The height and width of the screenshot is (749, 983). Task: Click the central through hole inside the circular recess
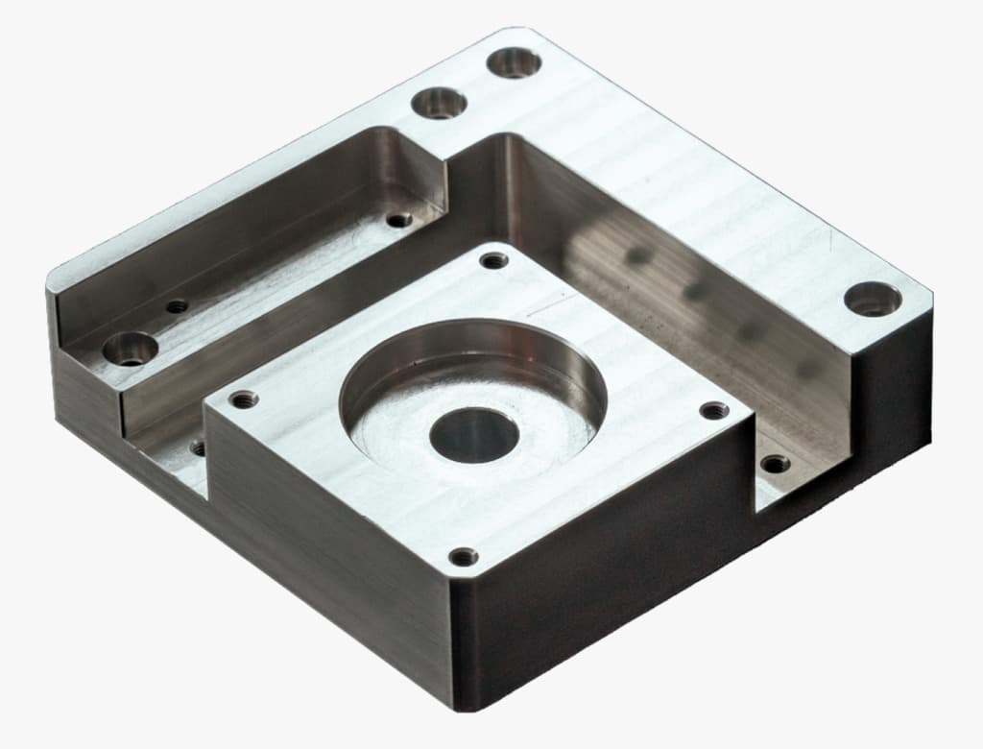pos(474,433)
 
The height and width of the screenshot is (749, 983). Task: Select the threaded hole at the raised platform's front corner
pos(464,556)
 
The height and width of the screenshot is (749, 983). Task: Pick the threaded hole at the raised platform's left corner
pos(244,399)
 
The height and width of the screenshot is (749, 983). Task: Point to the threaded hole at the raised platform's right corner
pos(713,411)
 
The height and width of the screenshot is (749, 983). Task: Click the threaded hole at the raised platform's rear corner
pos(493,260)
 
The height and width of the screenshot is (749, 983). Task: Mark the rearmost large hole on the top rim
pos(514,62)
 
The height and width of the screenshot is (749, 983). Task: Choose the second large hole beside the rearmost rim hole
pos(439,102)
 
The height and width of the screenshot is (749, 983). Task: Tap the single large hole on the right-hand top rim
pos(872,299)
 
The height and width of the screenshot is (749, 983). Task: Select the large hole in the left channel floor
pos(131,349)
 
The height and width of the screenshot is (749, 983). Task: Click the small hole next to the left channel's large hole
pos(177,307)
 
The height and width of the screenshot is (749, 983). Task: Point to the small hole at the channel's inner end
pos(398,220)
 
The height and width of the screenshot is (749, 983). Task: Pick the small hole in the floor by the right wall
pos(775,465)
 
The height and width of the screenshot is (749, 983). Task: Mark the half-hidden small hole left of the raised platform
pos(198,447)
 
